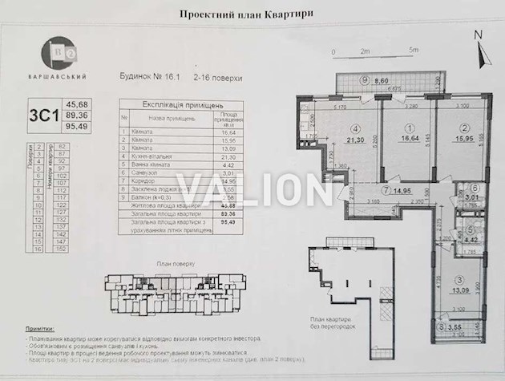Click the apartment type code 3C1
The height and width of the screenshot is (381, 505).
44,114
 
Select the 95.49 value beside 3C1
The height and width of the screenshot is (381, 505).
76,125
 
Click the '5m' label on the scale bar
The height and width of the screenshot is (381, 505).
414,50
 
